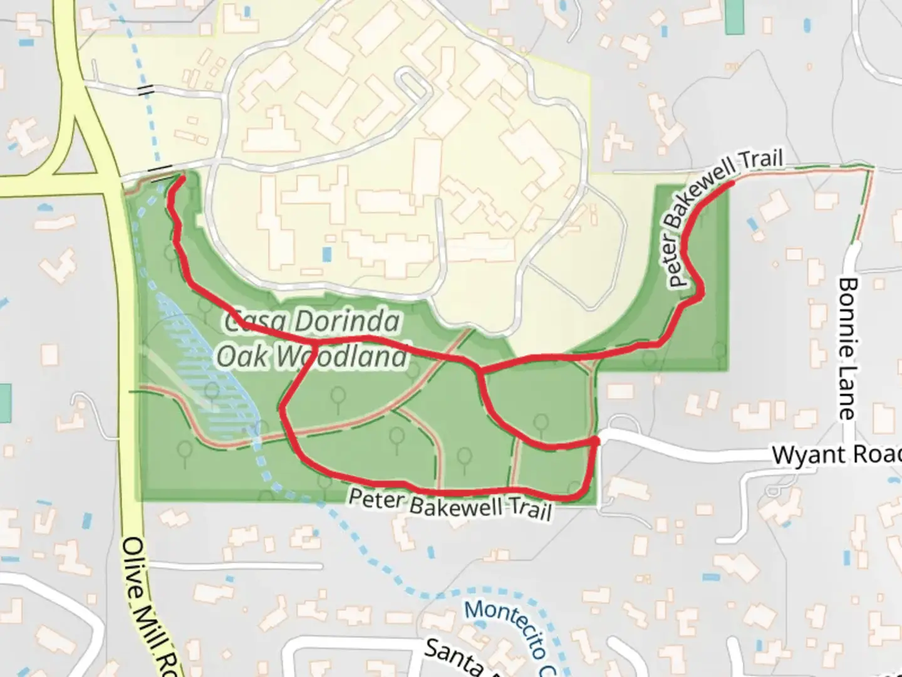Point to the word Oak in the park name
(x=241, y=355)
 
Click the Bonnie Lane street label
(x=847, y=349)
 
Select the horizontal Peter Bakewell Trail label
(x=450, y=504)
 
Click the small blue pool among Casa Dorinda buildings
(x=326, y=255)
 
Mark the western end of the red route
(x=182, y=179)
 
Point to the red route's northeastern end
(x=732, y=184)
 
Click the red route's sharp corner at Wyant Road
(x=596, y=442)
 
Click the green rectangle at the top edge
(x=732, y=17)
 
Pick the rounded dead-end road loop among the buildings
(x=413, y=85)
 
